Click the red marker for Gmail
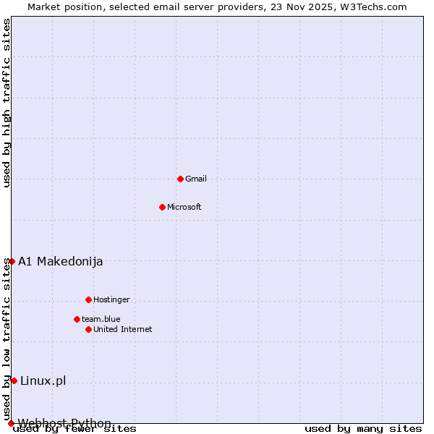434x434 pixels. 180,179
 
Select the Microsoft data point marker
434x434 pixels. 162,207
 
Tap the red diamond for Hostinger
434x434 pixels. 88,299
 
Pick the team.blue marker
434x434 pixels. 77,319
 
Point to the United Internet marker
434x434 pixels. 88,329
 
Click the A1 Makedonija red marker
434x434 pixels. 12,261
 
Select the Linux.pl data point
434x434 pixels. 14,380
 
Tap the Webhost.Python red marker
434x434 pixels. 11,423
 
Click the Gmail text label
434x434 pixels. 196,179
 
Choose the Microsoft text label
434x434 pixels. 184,207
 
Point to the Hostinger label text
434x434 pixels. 111,299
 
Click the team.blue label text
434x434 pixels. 101,319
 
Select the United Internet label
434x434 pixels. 123,329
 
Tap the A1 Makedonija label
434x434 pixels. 61,261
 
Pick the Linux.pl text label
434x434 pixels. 43,380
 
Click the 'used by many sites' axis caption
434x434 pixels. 363,428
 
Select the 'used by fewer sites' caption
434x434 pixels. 75,429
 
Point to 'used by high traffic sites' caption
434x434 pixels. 7,103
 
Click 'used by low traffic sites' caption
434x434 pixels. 7,339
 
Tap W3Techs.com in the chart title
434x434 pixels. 373,7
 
